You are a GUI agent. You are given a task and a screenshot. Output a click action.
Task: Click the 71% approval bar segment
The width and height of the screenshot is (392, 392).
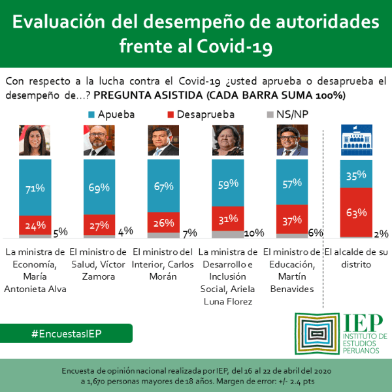pos(35,188)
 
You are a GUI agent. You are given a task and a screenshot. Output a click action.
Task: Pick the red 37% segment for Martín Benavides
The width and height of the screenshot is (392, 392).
pos(292,220)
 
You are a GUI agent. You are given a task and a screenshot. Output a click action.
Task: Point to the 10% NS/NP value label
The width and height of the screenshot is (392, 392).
pos(253,233)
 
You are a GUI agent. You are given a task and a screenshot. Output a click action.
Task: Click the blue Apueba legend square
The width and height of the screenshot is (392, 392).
pos(90,114)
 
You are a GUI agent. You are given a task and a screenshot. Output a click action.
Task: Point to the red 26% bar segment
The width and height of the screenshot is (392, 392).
pos(163,222)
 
